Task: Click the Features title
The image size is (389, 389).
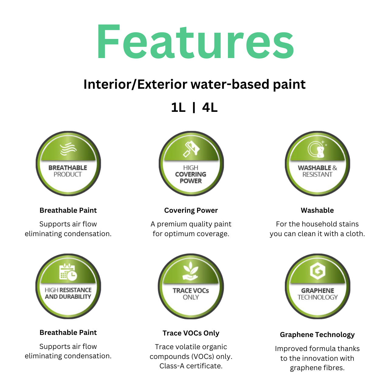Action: point(195,41)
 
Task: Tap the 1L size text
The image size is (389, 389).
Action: point(178,107)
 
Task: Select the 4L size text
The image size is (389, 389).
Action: point(210,107)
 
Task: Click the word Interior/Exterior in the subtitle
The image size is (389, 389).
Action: point(136,84)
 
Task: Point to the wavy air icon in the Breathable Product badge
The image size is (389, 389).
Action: point(68,149)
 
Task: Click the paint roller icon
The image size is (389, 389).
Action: point(191,149)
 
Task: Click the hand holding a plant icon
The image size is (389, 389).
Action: point(191,271)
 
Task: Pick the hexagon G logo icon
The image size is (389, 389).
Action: point(318,271)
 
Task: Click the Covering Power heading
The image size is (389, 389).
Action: point(191,210)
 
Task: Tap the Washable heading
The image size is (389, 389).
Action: point(317,210)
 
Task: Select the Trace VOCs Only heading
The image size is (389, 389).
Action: point(191,333)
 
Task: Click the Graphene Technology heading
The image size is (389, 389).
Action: point(317,335)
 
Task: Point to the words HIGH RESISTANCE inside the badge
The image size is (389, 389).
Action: point(68,290)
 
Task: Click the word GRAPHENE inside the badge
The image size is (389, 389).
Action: point(318,291)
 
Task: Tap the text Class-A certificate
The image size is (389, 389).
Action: point(191,366)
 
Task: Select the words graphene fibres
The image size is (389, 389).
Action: point(317,368)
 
